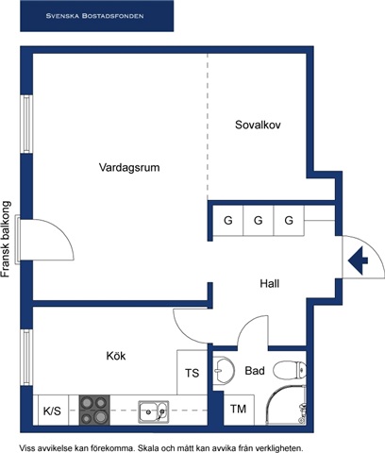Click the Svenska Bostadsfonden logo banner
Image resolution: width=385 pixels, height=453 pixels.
[96, 16]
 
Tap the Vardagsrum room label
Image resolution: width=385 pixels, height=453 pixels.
[129, 167]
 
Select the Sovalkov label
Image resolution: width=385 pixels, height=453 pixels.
[258, 125]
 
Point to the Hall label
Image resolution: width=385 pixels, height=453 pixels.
[270, 284]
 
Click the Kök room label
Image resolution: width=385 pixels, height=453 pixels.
[116, 356]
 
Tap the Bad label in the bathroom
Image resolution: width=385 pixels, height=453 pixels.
[255, 371]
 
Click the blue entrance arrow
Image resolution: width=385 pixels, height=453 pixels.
[358, 260]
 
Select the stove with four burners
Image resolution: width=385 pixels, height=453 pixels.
[94, 410]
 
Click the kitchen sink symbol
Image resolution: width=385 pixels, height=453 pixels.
[154, 411]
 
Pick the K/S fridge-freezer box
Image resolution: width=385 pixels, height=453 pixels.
[53, 411]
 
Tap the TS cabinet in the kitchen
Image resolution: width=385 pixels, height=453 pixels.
[192, 372]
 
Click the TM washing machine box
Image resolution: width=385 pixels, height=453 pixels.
[239, 410]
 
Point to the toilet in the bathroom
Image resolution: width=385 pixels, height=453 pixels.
[290, 370]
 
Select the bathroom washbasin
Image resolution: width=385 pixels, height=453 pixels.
[224, 370]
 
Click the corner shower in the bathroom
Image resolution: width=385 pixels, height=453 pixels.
[286, 405]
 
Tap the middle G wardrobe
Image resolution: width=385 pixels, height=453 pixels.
[259, 221]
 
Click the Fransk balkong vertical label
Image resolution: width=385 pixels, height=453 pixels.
[7, 240]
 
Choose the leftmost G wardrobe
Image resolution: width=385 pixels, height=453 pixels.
[228, 221]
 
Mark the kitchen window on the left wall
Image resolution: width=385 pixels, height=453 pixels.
[26, 357]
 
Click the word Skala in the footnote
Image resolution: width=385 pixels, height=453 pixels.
[148, 447]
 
